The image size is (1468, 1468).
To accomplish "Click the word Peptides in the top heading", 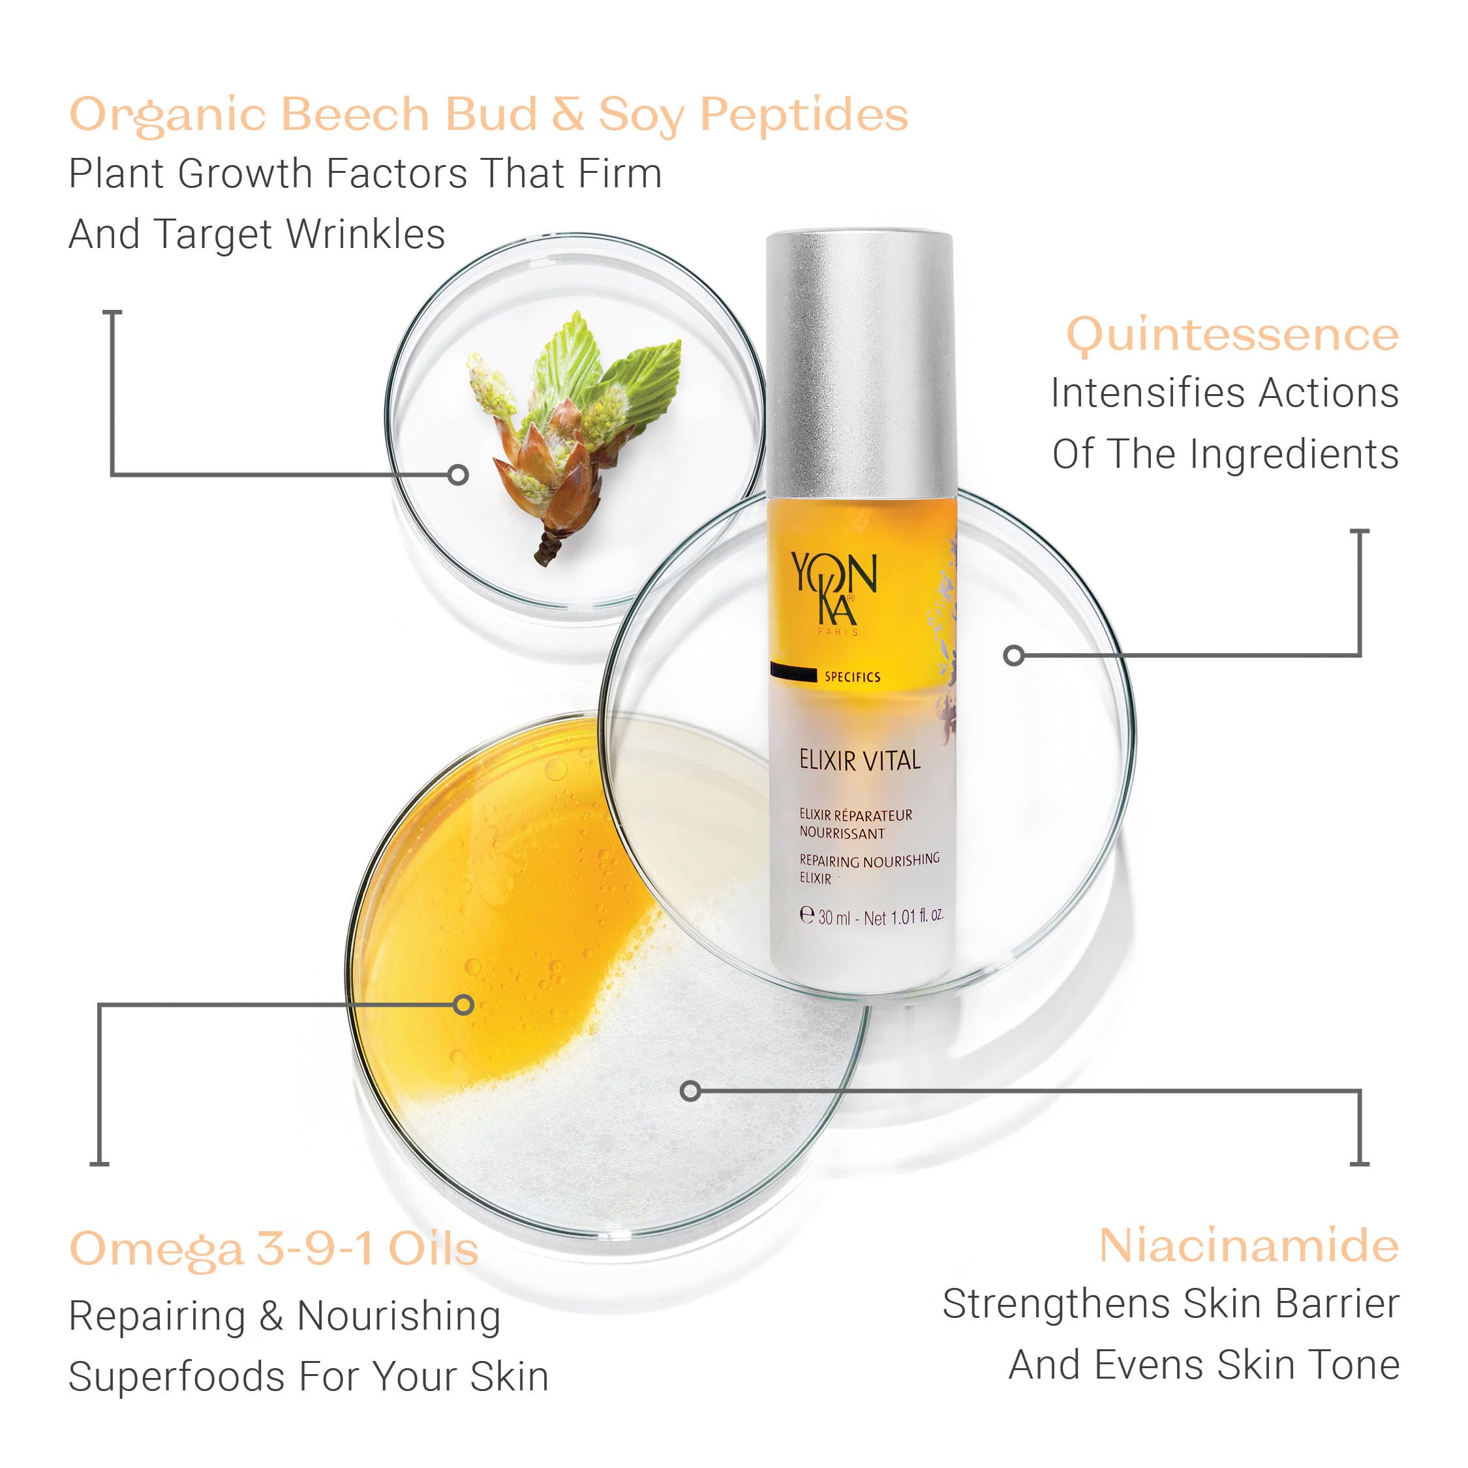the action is pos(803,115).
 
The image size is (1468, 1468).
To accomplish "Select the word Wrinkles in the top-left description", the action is pos(365,234).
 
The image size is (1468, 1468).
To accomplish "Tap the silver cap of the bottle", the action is pos(859,365).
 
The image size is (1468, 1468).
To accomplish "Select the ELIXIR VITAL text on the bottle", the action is pos(859,761).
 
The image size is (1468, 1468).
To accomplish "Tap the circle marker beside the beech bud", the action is pos(457,475).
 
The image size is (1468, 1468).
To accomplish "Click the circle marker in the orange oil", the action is pos(463,1005).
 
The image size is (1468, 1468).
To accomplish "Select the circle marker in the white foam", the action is pos(690,1091).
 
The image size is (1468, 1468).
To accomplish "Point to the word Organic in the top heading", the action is pos(167,115).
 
